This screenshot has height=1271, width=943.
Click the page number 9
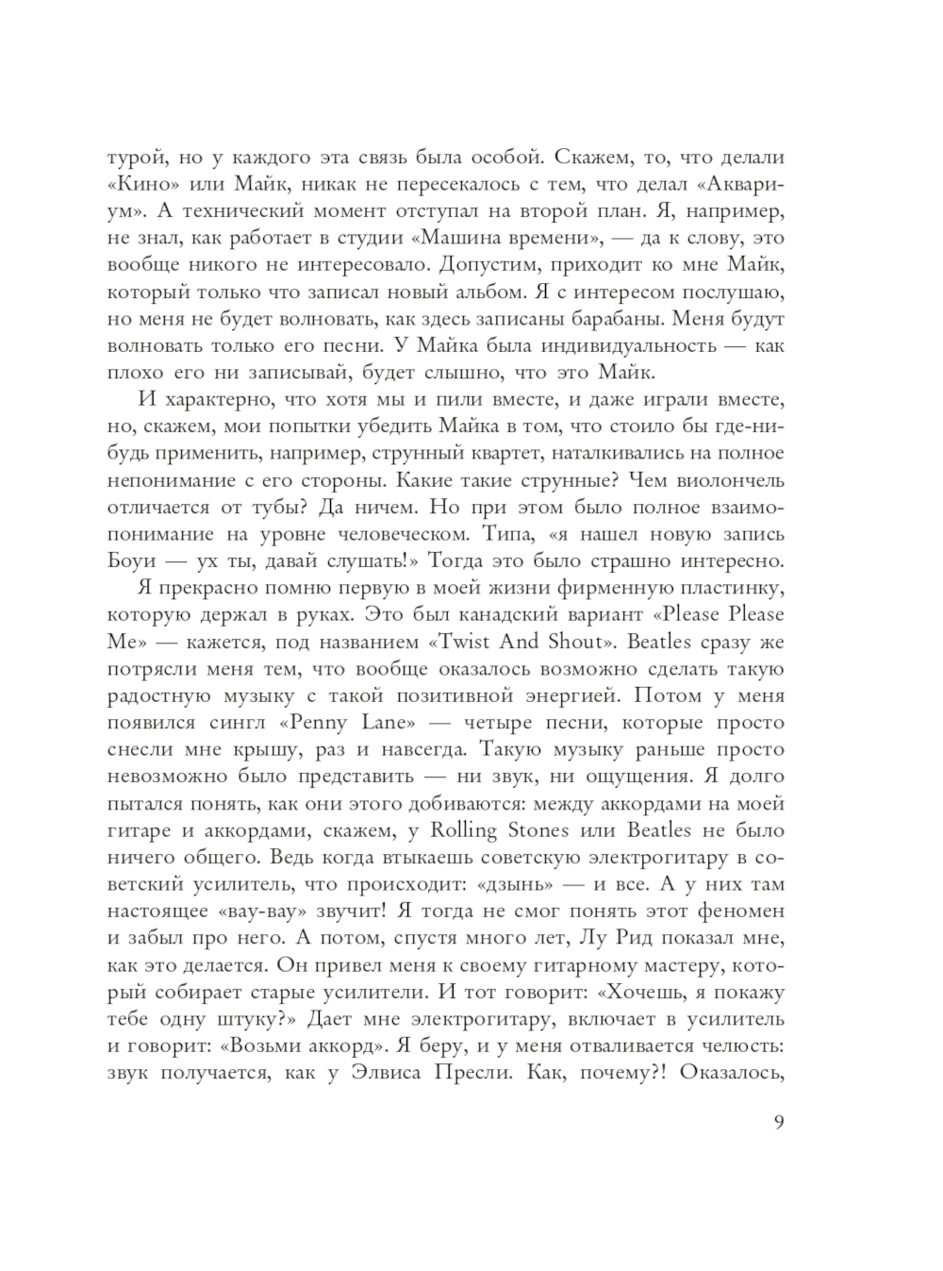777,1122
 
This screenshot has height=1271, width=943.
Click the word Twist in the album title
469,642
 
